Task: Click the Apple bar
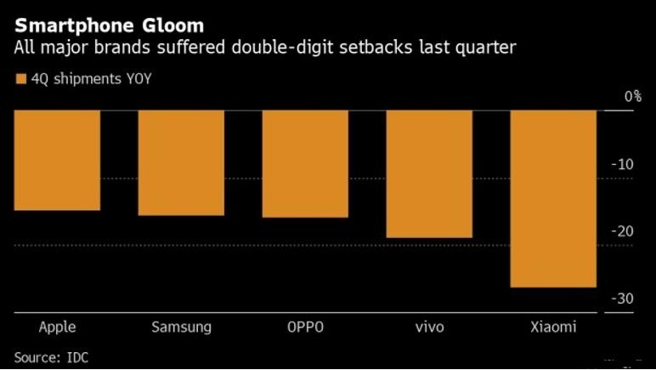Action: pos(57,160)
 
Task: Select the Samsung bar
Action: pos(181,162)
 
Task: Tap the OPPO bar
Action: pos(305,163)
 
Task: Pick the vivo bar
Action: pos(429,174)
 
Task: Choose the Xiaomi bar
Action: pos(553,198)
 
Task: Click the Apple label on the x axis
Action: pos(58,327)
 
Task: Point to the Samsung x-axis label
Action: pos(181,327)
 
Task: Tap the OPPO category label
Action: pos(305,327)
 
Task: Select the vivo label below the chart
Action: pos(429,327)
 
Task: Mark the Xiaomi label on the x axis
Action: pos(553,327)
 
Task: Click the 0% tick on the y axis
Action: pos(632,97)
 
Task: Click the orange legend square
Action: pos(20,79)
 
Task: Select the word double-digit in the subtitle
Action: pos(290,48)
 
